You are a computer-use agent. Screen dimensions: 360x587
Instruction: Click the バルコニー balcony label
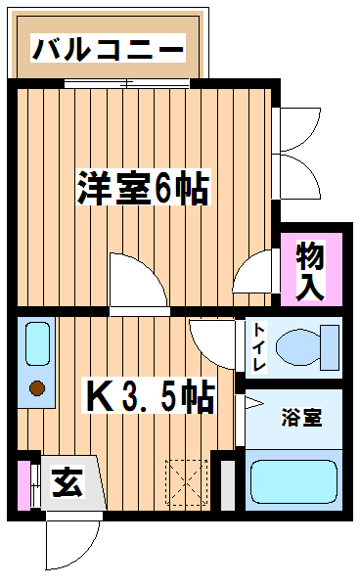coord(109,48)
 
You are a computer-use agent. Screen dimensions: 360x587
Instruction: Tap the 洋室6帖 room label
coord(144,188)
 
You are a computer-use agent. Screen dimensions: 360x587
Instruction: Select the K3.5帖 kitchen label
coord(149,396)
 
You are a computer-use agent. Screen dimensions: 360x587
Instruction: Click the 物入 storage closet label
coord(310,270)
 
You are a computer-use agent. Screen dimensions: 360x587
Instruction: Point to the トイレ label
coord(259,346)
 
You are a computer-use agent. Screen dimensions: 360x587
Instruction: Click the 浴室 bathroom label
coord(301,418)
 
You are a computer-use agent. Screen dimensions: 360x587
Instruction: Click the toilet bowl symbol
coord(298,347)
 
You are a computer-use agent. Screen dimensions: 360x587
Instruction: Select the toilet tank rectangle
coord(330,347)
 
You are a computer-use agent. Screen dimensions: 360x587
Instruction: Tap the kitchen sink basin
coord(37,343)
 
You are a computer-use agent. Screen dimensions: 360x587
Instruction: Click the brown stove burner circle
coord(37,387)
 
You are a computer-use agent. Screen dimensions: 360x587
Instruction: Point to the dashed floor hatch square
coord(187,482)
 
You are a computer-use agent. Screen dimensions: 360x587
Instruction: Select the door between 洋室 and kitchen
coord(139,282)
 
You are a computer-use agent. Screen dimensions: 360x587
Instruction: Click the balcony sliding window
coord(127,83)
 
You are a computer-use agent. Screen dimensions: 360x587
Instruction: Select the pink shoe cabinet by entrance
coord(23,485)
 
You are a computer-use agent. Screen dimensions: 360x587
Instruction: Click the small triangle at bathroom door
coord(254,403)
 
